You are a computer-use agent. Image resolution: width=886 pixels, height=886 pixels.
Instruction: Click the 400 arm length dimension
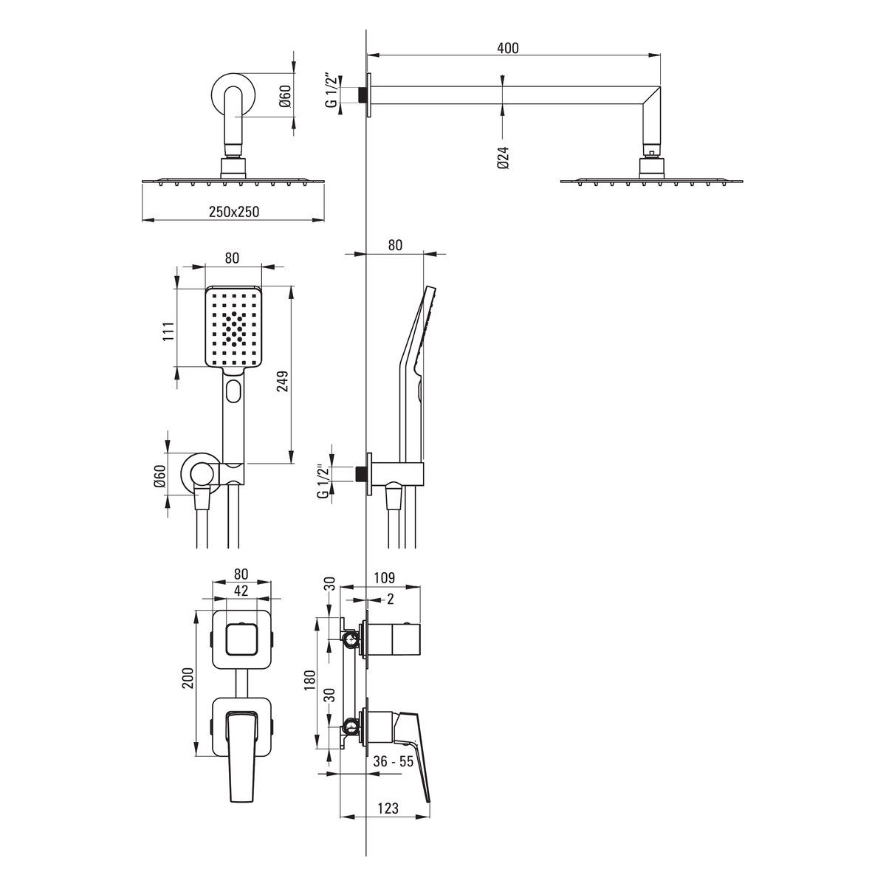coord(507,48)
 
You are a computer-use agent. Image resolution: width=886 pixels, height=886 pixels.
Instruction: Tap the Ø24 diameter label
coord(504,158)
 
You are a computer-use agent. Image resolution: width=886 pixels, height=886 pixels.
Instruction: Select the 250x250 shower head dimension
coord(234,211)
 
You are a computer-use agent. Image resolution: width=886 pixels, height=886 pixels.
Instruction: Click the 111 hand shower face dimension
coord(168,331)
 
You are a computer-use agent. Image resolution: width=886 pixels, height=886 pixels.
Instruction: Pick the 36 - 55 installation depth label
coord(393,761)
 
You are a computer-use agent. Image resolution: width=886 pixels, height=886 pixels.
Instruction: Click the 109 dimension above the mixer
coord(385,577)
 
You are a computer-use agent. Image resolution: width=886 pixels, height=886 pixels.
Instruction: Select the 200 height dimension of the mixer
coord(188,678)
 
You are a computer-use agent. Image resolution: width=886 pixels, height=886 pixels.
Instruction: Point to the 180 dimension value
coord(309,679)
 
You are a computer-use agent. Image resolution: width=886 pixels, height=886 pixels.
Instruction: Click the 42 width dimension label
coord(241,591)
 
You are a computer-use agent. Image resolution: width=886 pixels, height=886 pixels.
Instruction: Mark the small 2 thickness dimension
coord(391,599)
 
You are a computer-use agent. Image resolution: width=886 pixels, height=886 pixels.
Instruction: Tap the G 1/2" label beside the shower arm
coord(332,89)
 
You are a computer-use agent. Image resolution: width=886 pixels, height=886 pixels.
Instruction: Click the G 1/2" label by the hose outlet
coord(323,481)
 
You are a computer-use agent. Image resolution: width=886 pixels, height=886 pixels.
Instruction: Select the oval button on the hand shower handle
coord(234,391)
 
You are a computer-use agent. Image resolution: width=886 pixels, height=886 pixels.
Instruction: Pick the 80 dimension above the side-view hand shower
coord(395,245)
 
